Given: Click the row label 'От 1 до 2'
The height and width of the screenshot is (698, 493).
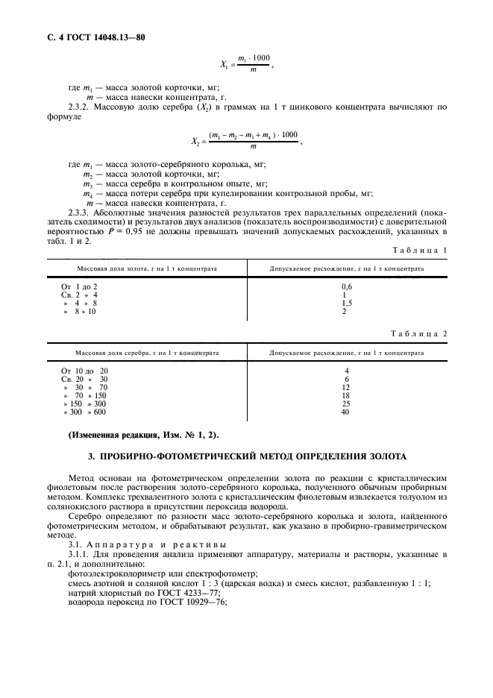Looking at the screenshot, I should (80, 286).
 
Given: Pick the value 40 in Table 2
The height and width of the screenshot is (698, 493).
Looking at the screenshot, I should (345, 412).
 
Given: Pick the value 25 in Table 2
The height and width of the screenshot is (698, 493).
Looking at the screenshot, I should (345, 403).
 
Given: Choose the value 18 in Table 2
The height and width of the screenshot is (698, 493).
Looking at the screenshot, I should (345, 395).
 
